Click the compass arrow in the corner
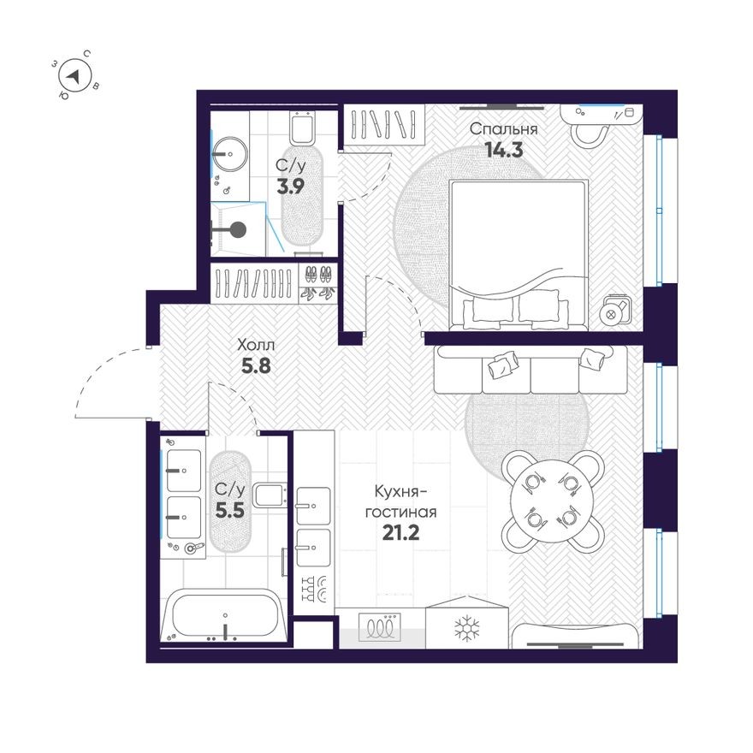[76, 76]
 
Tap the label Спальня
[504, 129]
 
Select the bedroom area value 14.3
[504, 149]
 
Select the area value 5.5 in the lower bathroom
[229, 510]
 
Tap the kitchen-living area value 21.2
[400, 534]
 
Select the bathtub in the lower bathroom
[224, 616]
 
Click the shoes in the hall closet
[317, 282]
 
